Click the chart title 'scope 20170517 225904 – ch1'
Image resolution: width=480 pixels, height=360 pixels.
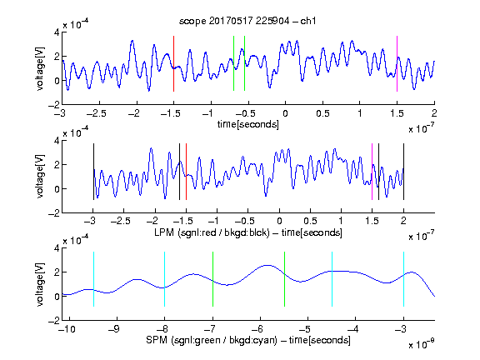[x=247, y=21]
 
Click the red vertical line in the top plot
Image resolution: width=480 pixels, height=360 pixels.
[x=173, y=63]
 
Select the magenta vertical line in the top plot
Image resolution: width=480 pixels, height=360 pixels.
[x=397, y=63]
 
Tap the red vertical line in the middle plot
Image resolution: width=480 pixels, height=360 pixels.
[x=186, y=172]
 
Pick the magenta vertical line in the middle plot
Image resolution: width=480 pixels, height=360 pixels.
[x=372, y=172]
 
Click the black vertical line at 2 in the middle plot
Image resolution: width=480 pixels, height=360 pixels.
[x=403, y=172]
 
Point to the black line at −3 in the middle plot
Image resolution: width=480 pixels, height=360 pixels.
[x=93, y=172]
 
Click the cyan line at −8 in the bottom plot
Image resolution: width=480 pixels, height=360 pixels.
[x=164, y=279]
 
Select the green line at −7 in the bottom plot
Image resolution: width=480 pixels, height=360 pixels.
[x=212, y=279]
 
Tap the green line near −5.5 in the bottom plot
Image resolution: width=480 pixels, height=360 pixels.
[x=284, y=279]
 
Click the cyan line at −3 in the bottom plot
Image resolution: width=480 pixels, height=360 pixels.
[x=403, y=279]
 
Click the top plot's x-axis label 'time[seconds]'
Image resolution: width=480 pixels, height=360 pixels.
[x=248, y=124]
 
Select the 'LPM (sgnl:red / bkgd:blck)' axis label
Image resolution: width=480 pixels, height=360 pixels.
[x=212, y=232]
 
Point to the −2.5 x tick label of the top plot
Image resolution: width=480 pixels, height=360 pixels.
[x=96, y=113]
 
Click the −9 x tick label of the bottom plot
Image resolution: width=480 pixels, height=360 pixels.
[x=114, y=329]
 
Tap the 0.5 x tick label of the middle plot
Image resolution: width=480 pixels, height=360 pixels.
[x=310, y=222]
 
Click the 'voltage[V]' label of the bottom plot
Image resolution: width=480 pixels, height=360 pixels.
[x=40, y=284]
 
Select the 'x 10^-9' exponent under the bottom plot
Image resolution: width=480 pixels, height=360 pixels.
[x=421, y=344]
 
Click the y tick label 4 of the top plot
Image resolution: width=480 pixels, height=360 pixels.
[x=57, y=32]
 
